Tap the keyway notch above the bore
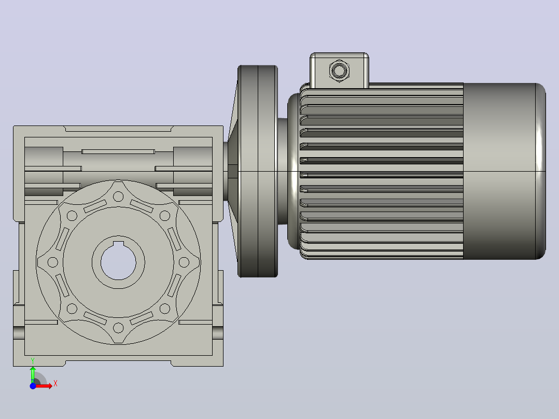[x=118, y=244]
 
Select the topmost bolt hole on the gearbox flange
[x=118, y=197]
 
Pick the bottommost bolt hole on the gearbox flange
[x=118, y=328]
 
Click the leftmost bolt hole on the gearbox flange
[x=53, y=262]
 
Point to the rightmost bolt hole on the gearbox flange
[x=184, y=262]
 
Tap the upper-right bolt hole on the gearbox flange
[x=165, y=216]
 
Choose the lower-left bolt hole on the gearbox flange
[x=72, y=309]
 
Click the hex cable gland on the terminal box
[x=339, y=70]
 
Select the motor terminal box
[x=339, y=71]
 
